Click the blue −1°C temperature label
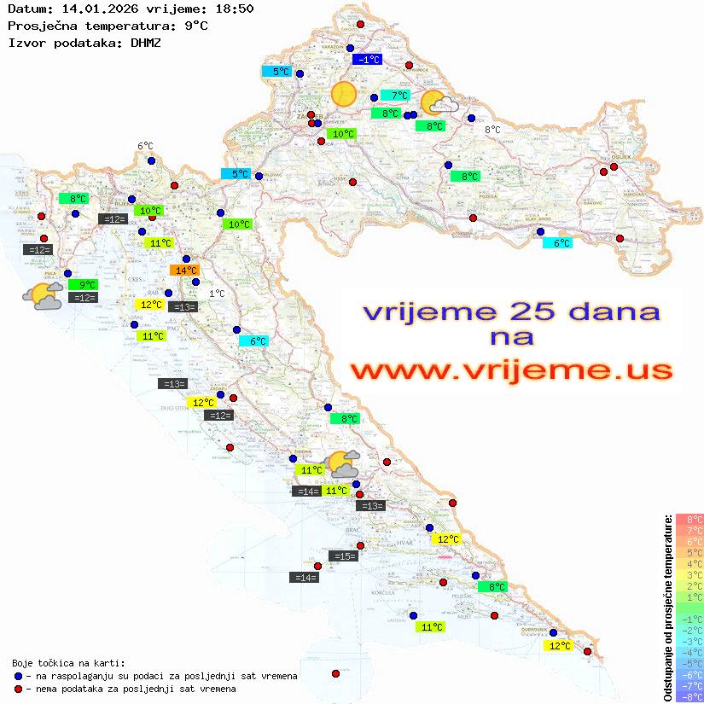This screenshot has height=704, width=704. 368,60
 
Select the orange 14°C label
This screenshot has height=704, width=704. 184,271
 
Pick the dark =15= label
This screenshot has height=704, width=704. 342,556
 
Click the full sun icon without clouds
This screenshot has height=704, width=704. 344,94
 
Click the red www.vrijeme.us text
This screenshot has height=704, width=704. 510,370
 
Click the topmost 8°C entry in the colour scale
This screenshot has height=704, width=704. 689,519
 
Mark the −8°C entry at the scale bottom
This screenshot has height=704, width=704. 689,696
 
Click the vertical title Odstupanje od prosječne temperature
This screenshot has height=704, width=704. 667,608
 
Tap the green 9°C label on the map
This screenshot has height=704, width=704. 87,284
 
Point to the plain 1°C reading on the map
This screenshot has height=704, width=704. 217,294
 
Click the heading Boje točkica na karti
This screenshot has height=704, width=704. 68,663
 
